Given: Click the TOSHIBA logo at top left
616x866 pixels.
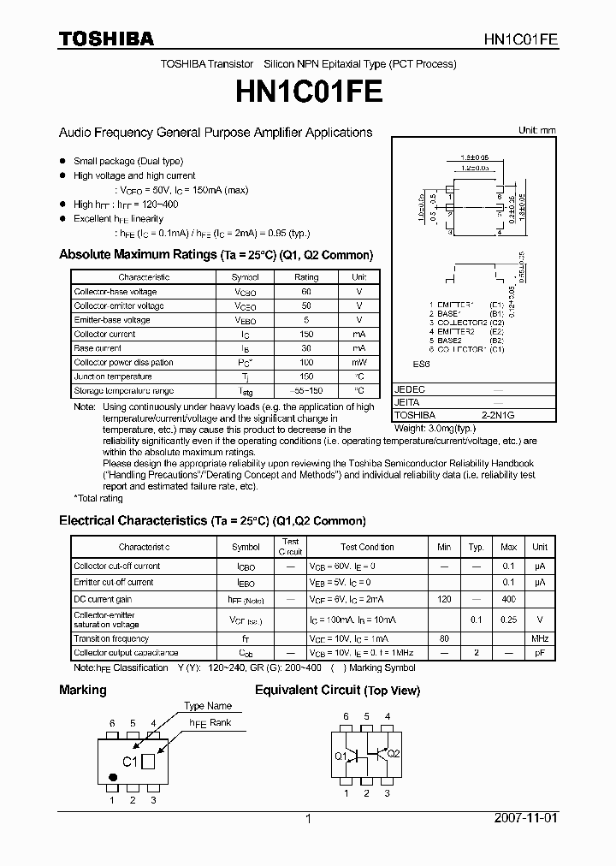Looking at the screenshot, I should pos(106,39).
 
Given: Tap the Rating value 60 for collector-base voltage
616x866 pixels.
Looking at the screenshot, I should pos(306,292).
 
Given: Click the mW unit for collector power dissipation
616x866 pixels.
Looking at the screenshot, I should pos(358,363).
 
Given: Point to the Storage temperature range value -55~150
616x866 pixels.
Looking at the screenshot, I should pos(306,391).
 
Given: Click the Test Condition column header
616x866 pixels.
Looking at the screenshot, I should pos(367,547).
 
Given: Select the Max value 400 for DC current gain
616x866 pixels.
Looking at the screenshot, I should pos(508,600).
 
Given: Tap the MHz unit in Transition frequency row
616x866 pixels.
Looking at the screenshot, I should pos(540,638).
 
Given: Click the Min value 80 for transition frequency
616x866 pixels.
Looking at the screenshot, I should pos(444,638).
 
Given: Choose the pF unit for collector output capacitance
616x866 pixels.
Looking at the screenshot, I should pos(540,653).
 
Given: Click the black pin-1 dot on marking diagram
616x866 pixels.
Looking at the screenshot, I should pos(112,777).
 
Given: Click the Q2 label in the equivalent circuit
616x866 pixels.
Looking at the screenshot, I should pos(393,754).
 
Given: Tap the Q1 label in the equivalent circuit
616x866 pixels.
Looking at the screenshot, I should pos(341,756).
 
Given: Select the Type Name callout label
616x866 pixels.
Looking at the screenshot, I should pos(208,706).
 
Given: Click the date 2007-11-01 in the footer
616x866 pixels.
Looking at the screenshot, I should pos(525,818).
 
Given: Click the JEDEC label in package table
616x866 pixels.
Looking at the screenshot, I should pos(409,389).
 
